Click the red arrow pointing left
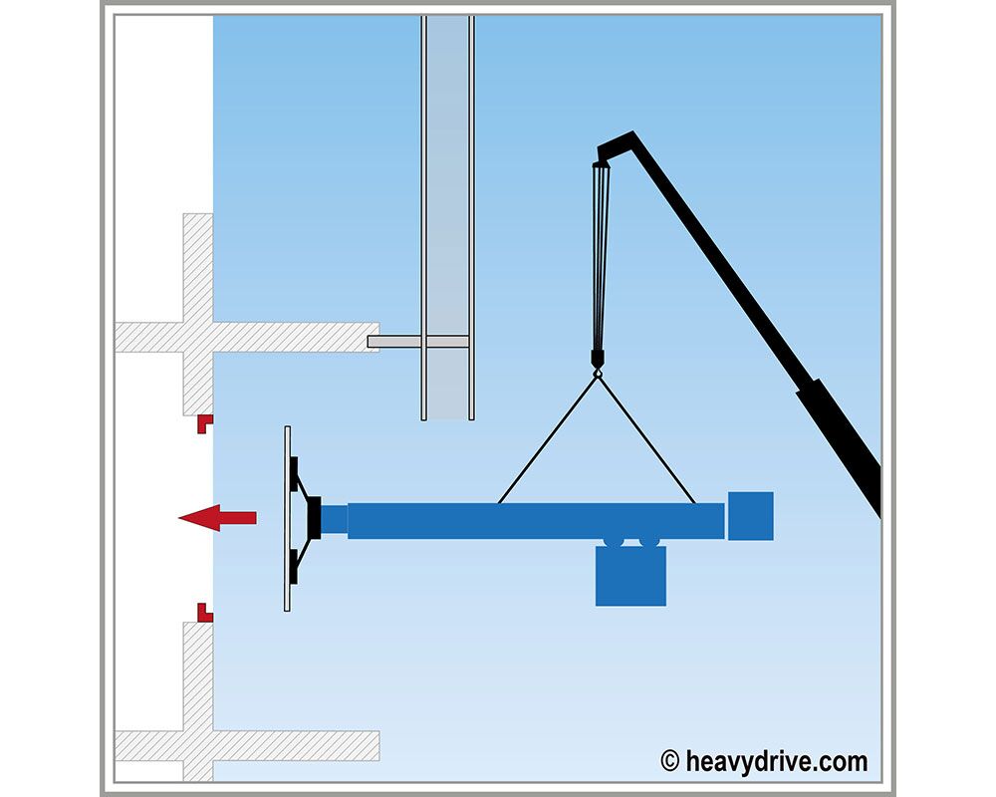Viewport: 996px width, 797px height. pyautogui.click(x=217, y=518)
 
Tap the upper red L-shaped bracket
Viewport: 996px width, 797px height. pyautogui.click(x=203, y=421)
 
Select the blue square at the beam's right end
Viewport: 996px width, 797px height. pyautogui.click(x=751, y=516)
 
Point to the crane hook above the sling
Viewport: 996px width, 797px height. pyautogui.click(x=597, y=364)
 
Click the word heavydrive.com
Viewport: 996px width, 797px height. pyautogui.click(x=776, y=761)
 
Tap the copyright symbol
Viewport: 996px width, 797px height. pyautogui.click(x=669, y=761)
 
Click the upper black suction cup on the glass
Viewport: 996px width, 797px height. pyautogui.click(x=294, y=474)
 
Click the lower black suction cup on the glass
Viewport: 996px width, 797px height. pyautogui.click(x=294, y=566)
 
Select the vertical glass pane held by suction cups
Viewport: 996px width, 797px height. pyautogui.click(x=287, y=519)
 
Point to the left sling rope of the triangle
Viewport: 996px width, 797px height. pyautogui.click(x=548, y=439)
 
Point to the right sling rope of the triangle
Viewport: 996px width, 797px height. pyautogui.click(x=646, y=439)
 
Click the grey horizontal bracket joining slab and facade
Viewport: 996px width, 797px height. pyautogui.click(x=418, y=342)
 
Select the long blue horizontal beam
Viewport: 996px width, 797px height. pyautogui.click(x=536, y=521)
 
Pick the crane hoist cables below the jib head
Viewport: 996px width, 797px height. pyautogui.click(x=601, y=255)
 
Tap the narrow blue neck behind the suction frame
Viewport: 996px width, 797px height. pyautogui.click(x=334, y=520)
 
